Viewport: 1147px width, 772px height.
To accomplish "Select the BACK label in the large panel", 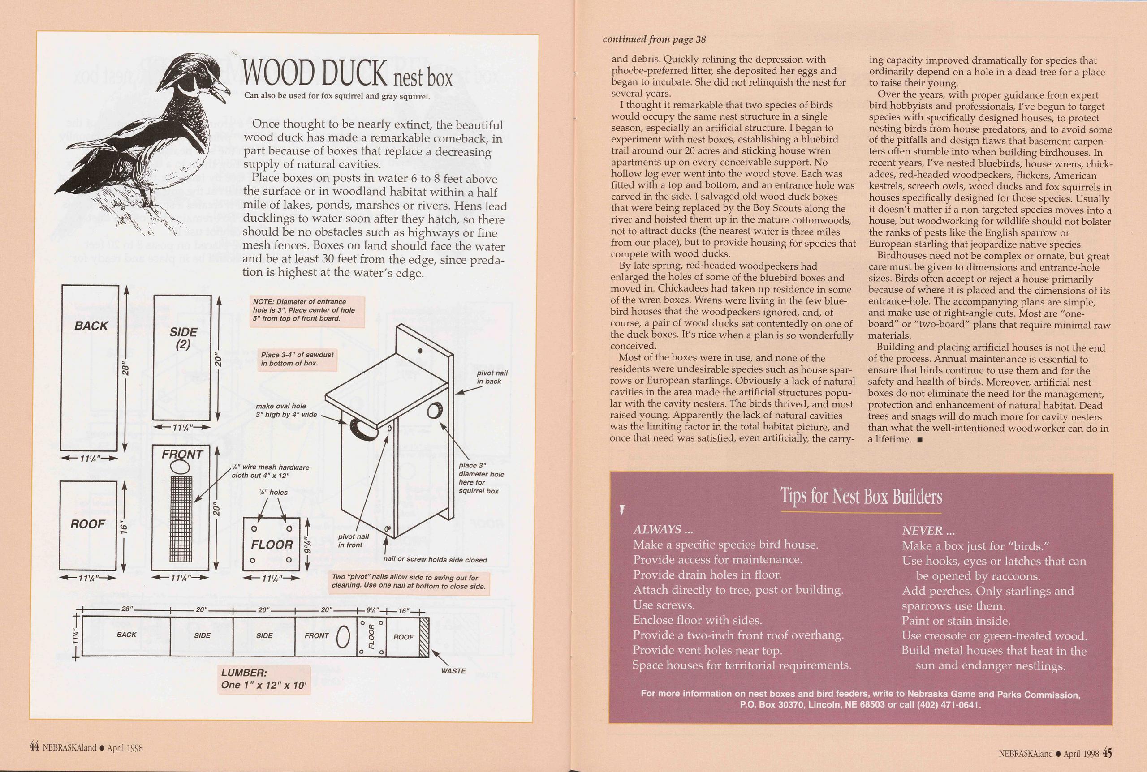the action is click(91, 326).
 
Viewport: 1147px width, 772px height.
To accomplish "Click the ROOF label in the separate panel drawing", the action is click(88, 524).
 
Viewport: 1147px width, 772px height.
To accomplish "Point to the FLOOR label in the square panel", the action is click(272, 545).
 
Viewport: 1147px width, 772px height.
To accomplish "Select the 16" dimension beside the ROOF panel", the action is click(124, 527).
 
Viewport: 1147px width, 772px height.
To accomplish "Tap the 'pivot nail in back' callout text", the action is click(492, 377).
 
